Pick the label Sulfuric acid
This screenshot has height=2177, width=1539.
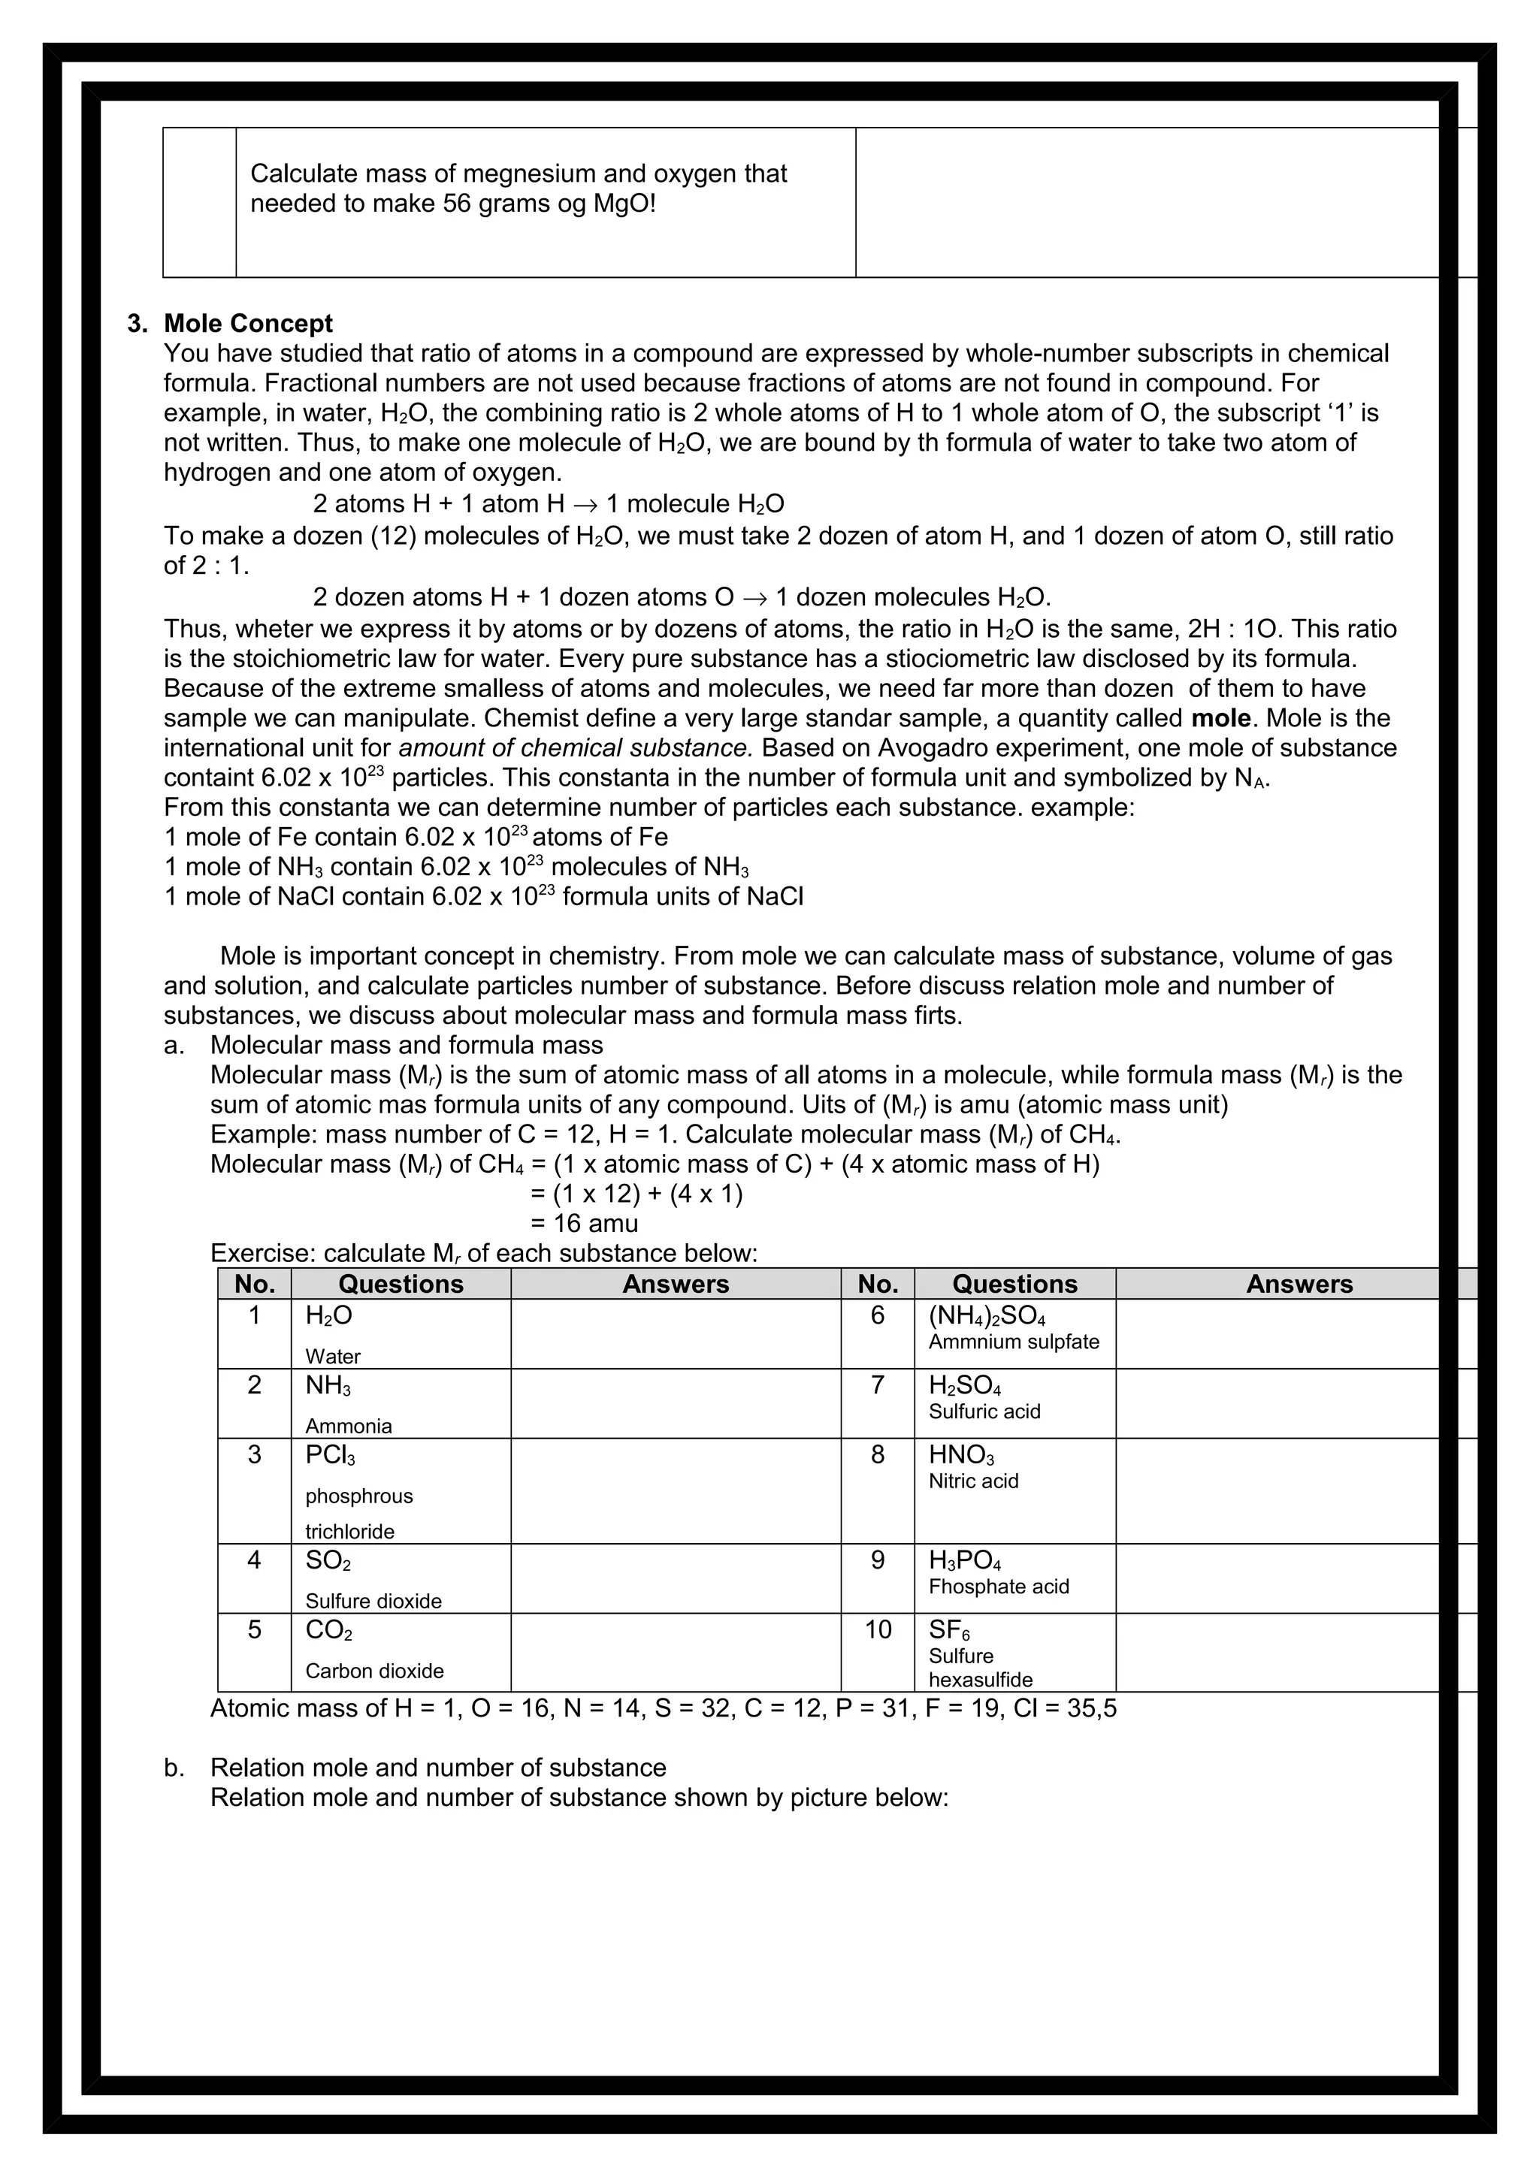pos(984,1411)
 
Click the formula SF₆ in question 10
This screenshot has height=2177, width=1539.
pos(948,1630)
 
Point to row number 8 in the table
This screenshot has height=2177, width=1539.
pos(877,1454)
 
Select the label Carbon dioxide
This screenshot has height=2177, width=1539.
pos(373,1671)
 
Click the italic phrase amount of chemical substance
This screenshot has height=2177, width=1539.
pos(576,747)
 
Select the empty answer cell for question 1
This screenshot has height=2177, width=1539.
pos(675,1333)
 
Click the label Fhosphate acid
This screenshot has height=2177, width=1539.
pos(999,1587)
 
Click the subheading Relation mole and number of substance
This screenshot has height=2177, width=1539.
pos(438,1768)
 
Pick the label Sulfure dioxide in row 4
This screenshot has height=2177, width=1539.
pos(373,1601)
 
